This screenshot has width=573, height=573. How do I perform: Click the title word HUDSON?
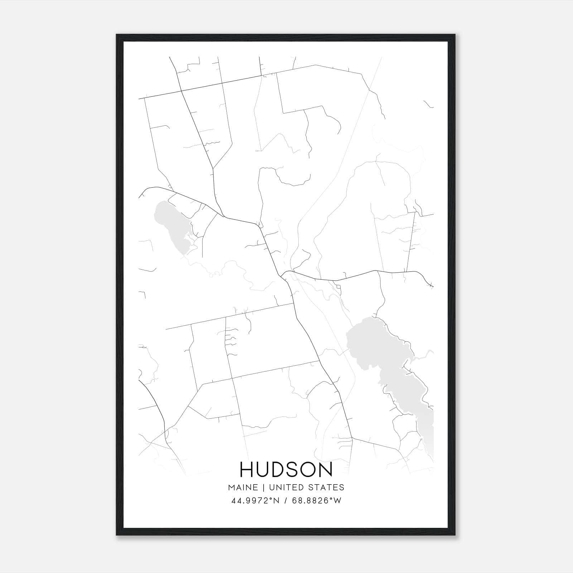tap(286, 470)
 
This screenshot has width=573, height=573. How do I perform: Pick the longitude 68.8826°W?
tap(317, 501)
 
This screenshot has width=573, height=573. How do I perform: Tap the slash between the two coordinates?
tap(285, 501)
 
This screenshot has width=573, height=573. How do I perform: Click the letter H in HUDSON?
tap(247, 470)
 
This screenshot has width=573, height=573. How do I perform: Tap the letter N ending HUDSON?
tap(326, 470)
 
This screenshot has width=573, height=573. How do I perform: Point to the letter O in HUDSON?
tap(309, 470)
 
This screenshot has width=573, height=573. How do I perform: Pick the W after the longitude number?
tap(337, 501)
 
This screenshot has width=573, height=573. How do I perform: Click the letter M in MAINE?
tap(231, 487)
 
